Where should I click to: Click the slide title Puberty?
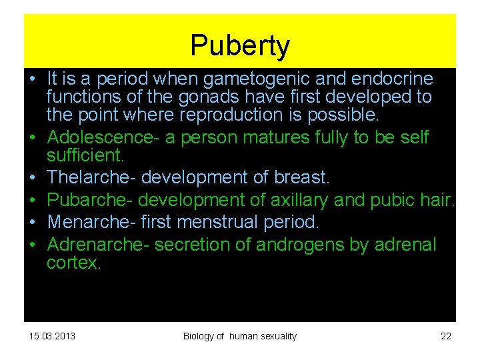[240, 46]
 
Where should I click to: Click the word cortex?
[73, 263]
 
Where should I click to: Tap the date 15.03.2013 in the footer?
[53, 336]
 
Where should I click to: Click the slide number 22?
[446, 336]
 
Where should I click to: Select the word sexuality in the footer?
[274, 336]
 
